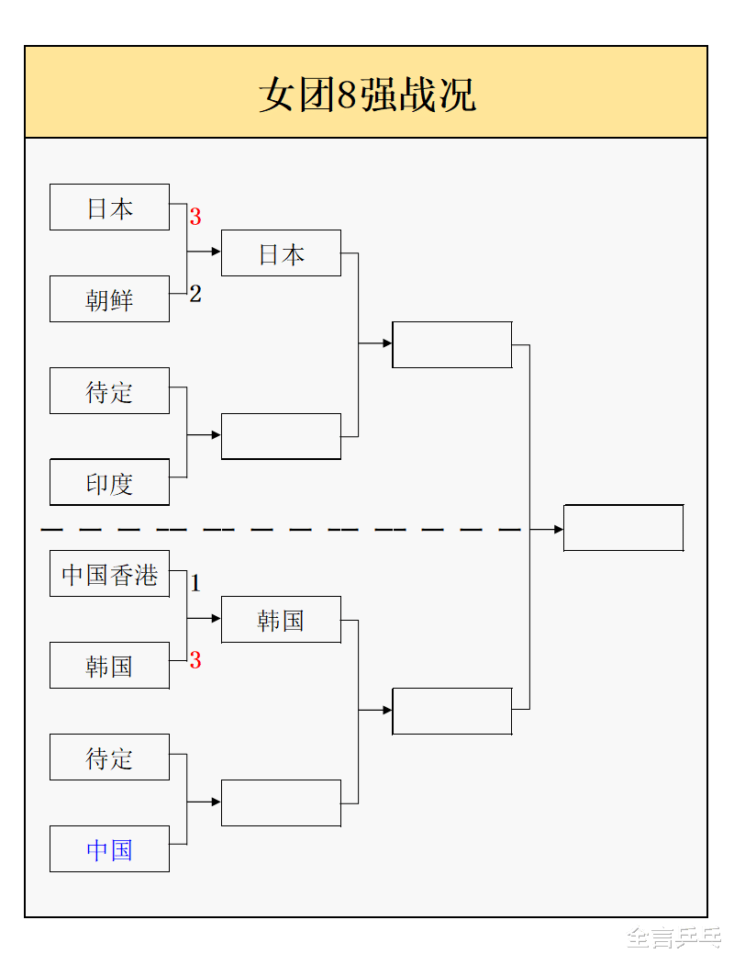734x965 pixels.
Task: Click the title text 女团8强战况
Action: coord(366,95)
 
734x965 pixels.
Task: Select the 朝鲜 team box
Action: coord(109,299)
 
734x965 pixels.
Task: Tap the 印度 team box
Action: coord(109,483)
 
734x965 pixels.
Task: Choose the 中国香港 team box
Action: coord(109,575)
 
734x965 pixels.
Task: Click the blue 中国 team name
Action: coord(109,849)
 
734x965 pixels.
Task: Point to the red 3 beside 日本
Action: coord(195,217)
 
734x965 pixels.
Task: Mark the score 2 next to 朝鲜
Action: coord(195,294)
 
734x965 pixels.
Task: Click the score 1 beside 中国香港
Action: coord(195,583)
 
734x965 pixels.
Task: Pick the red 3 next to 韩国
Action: coord(195,660)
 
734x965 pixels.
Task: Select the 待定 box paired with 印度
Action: coord(109,391)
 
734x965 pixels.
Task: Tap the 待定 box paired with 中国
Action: coord(109,757)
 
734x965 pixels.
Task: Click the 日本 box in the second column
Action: coord(281,253)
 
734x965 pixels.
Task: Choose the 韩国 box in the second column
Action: coord(281,620)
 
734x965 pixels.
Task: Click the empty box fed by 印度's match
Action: coord(281,436)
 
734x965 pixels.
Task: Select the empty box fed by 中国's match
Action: coord(281,802)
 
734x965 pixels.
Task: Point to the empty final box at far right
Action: coord(623,528)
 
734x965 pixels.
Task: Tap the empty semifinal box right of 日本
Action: coord(451,344)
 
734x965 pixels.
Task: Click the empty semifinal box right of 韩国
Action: coord(451,711)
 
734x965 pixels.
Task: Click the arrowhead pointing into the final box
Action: coord(558,529)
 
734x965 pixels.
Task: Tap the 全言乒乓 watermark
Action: coord(673,937)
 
